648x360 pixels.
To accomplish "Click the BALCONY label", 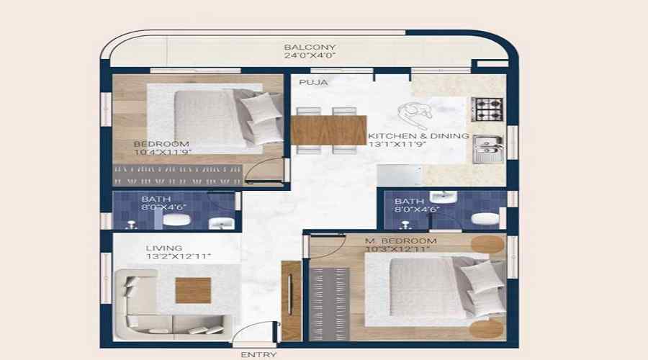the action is click(310, 47).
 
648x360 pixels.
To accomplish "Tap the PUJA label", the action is click(313, 82).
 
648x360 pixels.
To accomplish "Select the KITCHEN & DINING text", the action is click(418, 135).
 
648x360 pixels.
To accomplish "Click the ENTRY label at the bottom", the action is click(258, 355).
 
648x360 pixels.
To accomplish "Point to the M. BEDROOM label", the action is click(400, 240).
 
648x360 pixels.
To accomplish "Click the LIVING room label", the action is click(163, 248).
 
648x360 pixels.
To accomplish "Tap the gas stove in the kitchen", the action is click(487, 109).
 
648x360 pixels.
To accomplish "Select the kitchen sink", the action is click(487, 149).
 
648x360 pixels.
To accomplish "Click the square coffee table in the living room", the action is click(193, 290).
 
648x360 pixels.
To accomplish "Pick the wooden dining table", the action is click(328, 130).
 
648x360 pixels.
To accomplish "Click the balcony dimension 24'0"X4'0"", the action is click(310, 55).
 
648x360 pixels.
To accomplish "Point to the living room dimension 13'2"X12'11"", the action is click(178, 256).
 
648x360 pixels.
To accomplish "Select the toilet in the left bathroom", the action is click(176, 220).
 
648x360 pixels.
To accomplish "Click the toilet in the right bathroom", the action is click(485, 218).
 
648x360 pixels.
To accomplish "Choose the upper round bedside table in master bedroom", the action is click(487, 245).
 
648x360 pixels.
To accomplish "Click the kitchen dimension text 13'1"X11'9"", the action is click(397, 144).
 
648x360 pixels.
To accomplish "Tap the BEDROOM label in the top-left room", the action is click(161, 144).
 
